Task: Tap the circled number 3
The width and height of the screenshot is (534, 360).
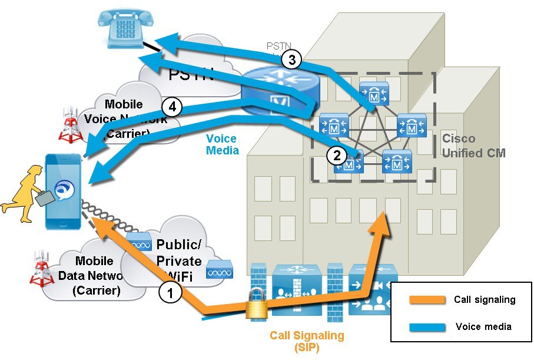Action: tap(291, 59)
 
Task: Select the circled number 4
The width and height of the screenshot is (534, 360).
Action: tap(172, 107)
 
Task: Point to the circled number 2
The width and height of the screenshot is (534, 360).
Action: tap(337, 156)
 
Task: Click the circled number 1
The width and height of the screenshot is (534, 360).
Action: tap(170, 293)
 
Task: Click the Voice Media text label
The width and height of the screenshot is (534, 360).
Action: tap(222, 145)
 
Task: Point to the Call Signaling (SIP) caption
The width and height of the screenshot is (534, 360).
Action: tap(307, 341)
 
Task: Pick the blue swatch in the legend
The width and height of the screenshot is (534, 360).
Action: tap(426, 326)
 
